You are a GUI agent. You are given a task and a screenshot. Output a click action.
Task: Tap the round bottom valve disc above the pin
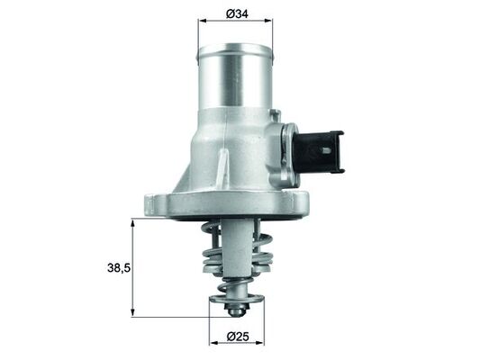tap(236, 298)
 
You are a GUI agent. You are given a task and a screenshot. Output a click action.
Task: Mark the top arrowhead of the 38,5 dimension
tap(133, 222)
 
